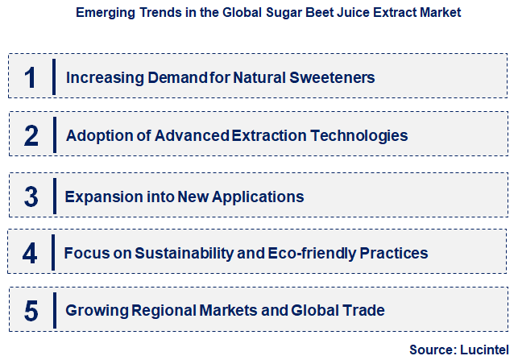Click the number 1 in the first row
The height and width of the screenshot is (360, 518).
31,77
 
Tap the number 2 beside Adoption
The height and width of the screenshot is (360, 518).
31,135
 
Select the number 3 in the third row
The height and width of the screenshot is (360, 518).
31,197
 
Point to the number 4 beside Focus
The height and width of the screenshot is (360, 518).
31,254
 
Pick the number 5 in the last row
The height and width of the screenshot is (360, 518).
31,310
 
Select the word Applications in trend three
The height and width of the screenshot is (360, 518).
261,197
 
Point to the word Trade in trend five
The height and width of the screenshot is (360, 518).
364,310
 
